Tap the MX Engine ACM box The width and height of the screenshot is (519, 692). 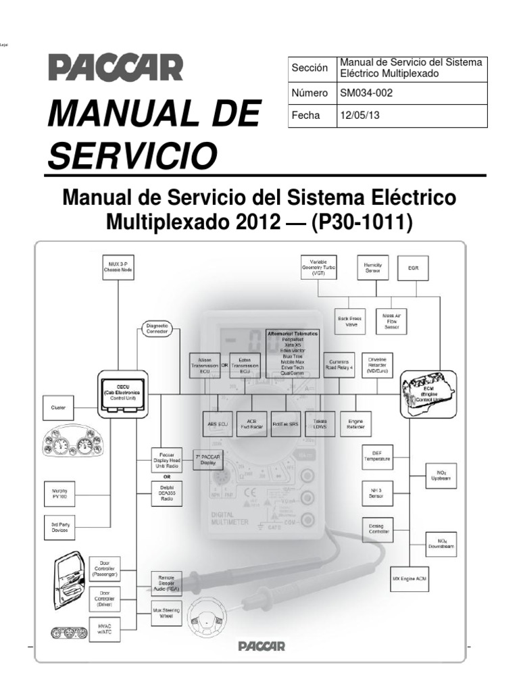tap(414, 579)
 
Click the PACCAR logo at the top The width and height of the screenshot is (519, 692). tap(114, 69)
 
